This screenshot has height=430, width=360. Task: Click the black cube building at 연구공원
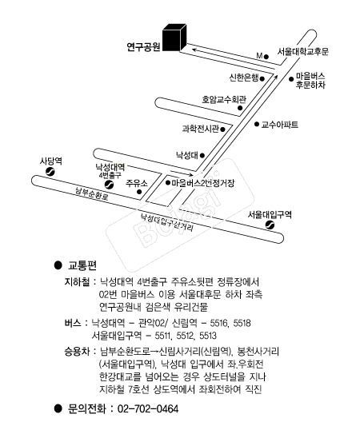(174, 38)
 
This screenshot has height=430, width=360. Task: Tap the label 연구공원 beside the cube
(143, 47)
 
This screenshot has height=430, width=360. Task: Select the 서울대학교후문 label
(302, 52)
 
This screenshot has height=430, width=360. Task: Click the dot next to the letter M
(266, 57)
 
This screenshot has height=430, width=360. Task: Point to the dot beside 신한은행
(262, 79)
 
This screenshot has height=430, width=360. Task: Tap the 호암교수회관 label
(224, 99)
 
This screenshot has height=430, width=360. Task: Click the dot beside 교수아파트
(257, 124)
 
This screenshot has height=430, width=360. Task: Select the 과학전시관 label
(201, 129)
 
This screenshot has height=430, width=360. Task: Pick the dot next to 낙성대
(202, 156)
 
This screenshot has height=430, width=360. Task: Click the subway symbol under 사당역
(50, 172)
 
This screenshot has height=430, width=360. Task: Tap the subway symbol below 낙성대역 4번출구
(110, 185)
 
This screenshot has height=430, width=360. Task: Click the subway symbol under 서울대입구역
(270, 225)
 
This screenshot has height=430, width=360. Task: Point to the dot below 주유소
(139, 192)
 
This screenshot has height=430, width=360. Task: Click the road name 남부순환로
(92, 193)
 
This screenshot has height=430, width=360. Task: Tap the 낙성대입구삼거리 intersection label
(167, 222)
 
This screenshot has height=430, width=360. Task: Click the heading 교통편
(82, 265)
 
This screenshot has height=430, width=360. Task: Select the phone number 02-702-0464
(148, 408)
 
